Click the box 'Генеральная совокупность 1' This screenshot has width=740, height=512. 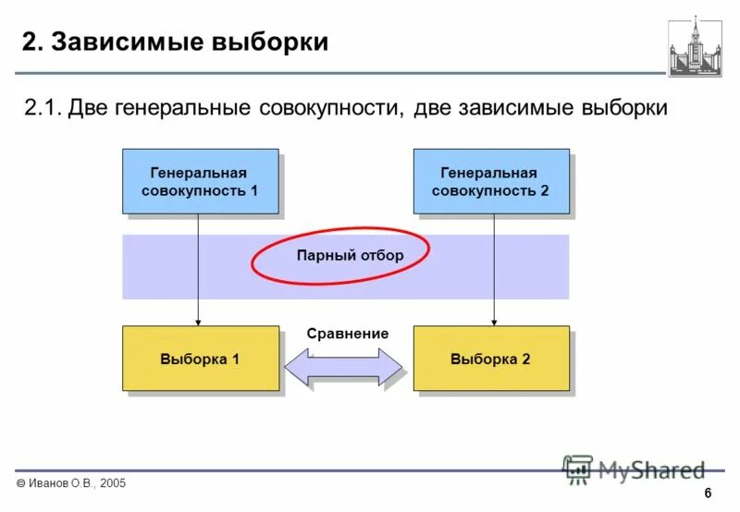point(200,181)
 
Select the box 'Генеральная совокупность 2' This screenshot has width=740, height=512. point(490,181)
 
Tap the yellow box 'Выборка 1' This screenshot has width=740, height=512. point(200,358)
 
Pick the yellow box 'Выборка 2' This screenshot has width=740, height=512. point(490,358)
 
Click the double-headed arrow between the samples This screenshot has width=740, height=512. point(344,367)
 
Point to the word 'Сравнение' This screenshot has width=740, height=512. point(347,334)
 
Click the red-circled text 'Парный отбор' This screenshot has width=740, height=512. point(350,255)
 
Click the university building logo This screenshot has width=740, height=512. point(695,45)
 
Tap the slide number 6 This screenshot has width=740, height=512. point(708,493)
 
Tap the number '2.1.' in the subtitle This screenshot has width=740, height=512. point(43,108)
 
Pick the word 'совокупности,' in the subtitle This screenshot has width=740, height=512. point(330,108)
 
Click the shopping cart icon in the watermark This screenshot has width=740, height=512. point(578,469)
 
